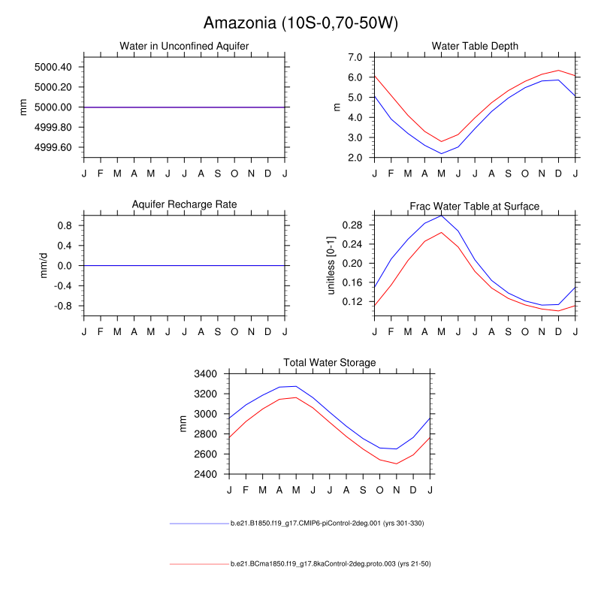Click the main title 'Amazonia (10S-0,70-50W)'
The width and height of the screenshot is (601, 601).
click(x=300, y=23)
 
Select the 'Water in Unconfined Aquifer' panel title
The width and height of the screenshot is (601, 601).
click(x=184, y=47)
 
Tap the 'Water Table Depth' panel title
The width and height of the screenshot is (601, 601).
click(x=475, y=47)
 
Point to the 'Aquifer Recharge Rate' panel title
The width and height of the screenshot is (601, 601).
click(x=184, y=204)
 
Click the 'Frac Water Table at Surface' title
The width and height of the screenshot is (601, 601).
click(x=475, y=206)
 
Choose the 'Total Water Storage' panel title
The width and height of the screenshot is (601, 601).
click(x=329, y=363)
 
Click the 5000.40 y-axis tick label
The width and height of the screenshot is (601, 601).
click(x=53, y=67)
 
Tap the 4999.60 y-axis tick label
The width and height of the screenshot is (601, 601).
click(x=53, y=147)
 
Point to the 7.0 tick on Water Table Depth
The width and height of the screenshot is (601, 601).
click(x=356, y=57)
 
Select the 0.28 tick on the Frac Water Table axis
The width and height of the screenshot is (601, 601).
click(x=353, y=225)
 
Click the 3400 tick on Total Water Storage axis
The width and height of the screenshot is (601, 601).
click(x=206, y=373)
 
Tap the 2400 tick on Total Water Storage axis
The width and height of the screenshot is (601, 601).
click(x=206, y=474)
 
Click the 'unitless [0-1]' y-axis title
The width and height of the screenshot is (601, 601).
click(x=331, y=265)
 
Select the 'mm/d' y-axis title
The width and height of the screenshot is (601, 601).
click(x=43, y=265)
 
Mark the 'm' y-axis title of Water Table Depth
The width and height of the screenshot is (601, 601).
click(x=337, y=107)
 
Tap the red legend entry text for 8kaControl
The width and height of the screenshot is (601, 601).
click(x=330, y=563)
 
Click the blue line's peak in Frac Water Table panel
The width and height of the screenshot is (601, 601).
click(x=442, y=216)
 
